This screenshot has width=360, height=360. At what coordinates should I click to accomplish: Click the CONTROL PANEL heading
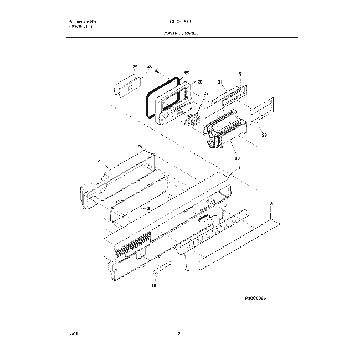(x=181, y=33)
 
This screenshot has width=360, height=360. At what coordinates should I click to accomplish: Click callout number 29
(x=135, y=67)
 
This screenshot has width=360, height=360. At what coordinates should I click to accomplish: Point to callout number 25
(x=187, y=73)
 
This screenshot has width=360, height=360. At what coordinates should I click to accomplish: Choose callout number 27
(x=206, y=94)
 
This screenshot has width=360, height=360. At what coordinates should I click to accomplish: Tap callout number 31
(x=220, y=82)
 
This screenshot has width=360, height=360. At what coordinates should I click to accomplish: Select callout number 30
(x=229, y=155)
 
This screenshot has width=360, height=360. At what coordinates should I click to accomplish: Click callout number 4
(x=99, y=162)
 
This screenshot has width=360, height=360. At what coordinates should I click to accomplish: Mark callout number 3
(x=148, y=208)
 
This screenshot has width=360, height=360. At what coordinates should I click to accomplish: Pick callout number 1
(x=239, y=167)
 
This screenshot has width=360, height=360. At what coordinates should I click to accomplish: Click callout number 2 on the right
(x=271, y=204)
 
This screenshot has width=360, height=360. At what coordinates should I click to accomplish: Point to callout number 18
(x=153, y=286)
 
